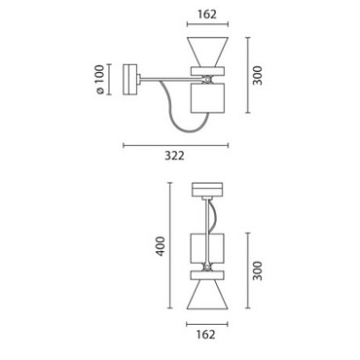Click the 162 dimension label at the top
(x=207, y=15)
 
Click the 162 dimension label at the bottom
(x=205, y=334)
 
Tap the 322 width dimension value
(x=174, y=156)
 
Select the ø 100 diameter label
(x=100, y=80)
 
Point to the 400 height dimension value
(x=161, y=246)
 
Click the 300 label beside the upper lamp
(x=258, y=75)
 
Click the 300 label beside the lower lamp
(x=258, y=270)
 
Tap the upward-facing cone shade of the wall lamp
(x=207, y=52)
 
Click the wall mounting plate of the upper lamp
(x=130, y=80)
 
